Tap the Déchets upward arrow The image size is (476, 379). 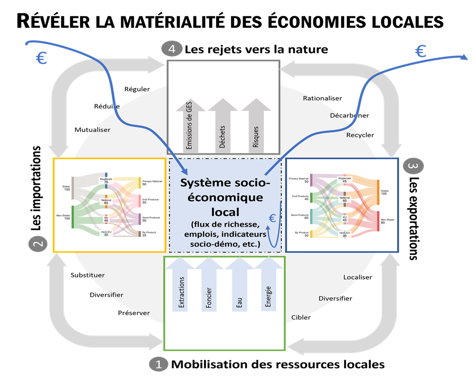click(x=223, y=126)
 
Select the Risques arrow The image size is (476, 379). click(x=256, y=126)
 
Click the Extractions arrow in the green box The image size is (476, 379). click(x=180, y=286)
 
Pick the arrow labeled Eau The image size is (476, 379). click(x=239, y=286)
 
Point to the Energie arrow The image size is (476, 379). click(x=268, y=286)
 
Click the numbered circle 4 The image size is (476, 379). click(x=172, y=49)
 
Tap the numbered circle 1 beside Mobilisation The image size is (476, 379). click(x=158, y=364)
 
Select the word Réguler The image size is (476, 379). click(x=137, y=89)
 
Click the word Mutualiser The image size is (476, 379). click(x=92, y=130)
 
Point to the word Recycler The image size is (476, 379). click(x=360, y=135)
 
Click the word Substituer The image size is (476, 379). click(x=87, y=275)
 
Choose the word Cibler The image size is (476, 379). click(x=301, y=318)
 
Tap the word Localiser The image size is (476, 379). click(x=358, y=277)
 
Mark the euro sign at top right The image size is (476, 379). click(x=420, y=51)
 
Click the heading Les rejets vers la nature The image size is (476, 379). click(x=256, y=50)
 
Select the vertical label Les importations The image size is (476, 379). click(x=36, y=188)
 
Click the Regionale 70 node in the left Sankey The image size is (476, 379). click(x=106, y=180)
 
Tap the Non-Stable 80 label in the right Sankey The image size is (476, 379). click(x=387, y=221)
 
